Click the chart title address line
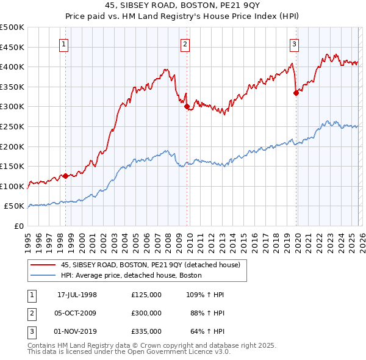point(183,5)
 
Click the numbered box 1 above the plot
point(64,43)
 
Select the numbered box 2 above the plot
point(185,43)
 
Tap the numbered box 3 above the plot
point(294,43)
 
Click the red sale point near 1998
point(65,176)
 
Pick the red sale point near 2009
point(187,107)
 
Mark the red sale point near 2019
point(296,93)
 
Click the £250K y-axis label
point(12,126)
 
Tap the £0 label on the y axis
point(18,226)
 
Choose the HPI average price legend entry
point(131,275)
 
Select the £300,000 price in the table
point(146,313)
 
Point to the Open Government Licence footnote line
point(129,352)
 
